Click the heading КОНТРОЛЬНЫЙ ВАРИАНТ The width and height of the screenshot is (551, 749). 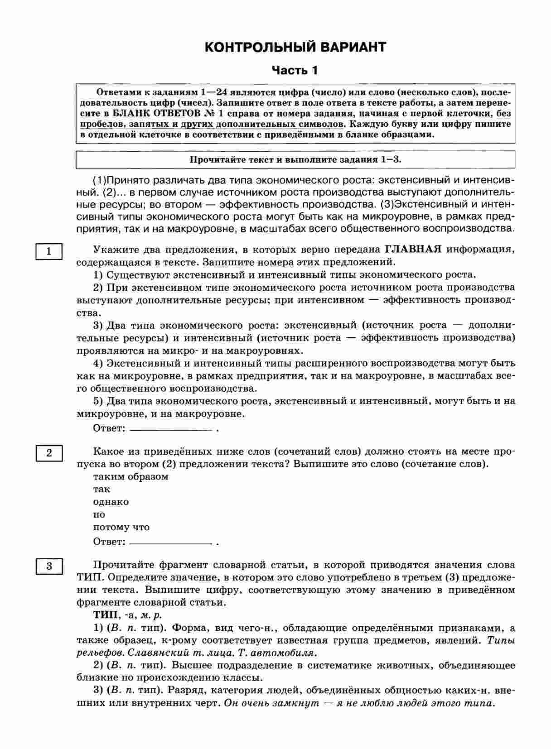coord(295,47)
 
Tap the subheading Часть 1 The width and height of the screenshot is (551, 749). coord(295,71)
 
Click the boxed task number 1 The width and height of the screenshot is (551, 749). coord(49,251)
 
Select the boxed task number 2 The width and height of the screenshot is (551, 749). coord(49,453)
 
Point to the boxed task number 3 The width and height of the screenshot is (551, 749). coord(49,566)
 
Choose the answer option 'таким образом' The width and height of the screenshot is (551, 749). coord(130,476)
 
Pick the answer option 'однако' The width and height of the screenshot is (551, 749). coord(111,502)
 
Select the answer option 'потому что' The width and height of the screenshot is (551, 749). coord(121,527)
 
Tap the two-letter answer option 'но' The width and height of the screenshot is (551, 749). coord(99,514)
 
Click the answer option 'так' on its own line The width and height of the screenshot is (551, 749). coord(101,489)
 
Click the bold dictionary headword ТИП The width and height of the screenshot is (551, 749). coord(104,615)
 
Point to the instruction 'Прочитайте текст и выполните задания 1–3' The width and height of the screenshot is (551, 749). coord(295,159)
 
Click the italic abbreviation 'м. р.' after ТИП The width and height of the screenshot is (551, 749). coord(151,615)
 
